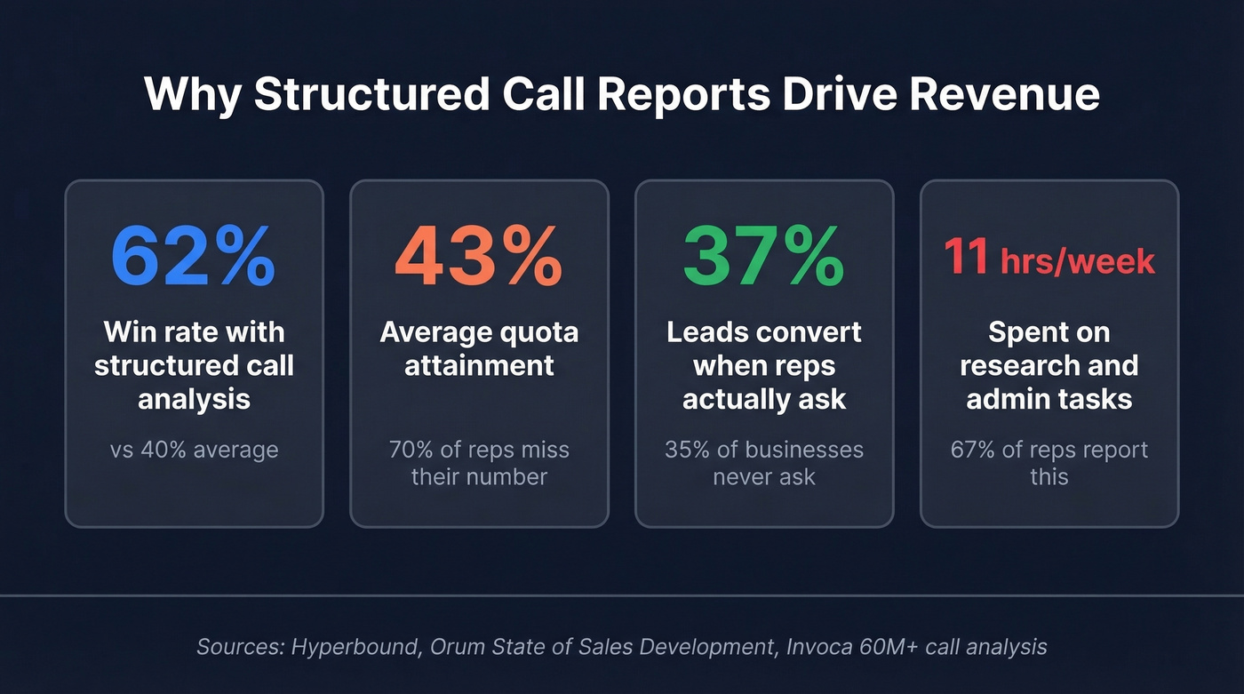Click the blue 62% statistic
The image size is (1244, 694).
[x=193, y=257]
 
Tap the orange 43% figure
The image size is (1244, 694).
[x=478, y=257]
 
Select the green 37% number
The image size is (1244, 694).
[x=763, y=257]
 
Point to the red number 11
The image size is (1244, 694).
[x=966, y=258]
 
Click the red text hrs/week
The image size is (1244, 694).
[x=1078, y=261]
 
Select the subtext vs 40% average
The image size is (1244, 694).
[x=194, y=450]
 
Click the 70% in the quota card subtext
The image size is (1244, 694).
[x=410, y=450]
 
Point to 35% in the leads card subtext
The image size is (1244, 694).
[x=686, y=450]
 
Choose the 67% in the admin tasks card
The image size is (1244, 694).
[x=972, y=450]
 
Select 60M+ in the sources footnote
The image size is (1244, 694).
[x=889, y=646]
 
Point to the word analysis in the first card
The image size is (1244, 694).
[x=194, y=399]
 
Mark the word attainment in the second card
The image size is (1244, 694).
[x=479, y=365]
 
